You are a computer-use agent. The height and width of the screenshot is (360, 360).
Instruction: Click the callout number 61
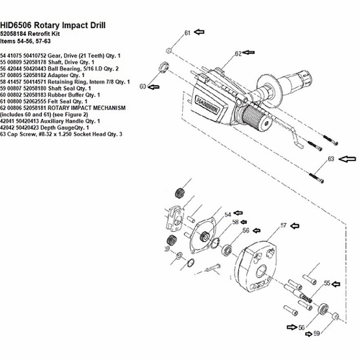coord(187,33)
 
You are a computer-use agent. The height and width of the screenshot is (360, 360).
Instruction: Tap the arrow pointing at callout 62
coord(248,53)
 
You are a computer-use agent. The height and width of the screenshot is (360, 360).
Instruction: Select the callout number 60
coord(143,86)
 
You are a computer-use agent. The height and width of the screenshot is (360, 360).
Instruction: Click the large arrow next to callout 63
coord(347,158)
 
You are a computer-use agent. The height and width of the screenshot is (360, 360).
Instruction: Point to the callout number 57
coord(284,225)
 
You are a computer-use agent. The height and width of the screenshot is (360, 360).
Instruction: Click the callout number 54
coord(228,215)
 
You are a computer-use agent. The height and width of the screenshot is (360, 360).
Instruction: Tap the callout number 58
coord(235,222)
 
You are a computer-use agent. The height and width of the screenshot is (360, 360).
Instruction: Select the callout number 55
coord(327,283)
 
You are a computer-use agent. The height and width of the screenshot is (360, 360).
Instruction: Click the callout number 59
coord(317,333)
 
